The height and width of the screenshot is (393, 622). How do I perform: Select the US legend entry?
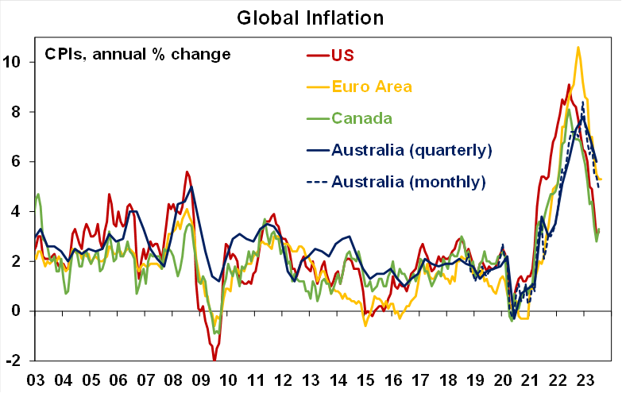342,56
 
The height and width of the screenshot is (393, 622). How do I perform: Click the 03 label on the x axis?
37,380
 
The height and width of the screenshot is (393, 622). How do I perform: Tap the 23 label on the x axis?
585,380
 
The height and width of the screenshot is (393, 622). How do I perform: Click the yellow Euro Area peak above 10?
578,48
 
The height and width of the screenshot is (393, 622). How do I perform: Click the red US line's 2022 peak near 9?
569,84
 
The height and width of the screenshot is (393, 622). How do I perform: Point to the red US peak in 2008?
187,171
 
